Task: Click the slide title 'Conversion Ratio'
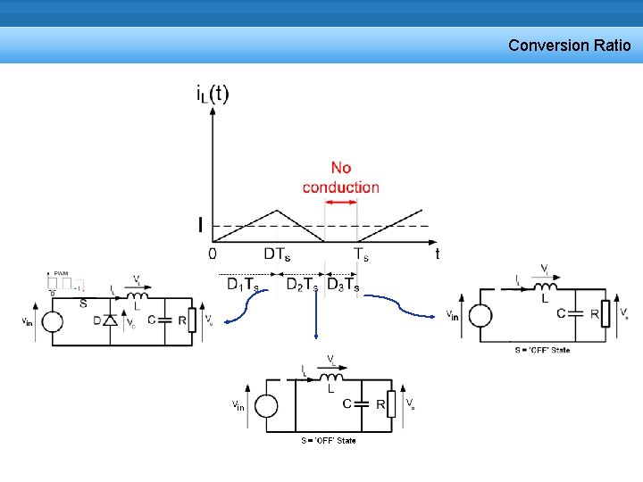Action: click(x=569, y=45)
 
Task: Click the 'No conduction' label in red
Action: click(x=340, y=177)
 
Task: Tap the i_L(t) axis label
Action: click(x=212, y=94)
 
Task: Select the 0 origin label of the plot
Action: click(x=212, y=253)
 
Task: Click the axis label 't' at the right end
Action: click(x=437, y=253)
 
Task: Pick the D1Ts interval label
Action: click(x=243, y=285)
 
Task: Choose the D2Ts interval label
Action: click(x=302, y=285)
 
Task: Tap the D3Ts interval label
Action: click(x=343, y=285)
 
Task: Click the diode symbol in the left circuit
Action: click(x=111, y=320)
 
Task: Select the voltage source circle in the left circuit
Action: click(x=52, y=321)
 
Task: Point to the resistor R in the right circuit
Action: click(x=606, y=313)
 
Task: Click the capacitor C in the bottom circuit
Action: click(x=362, y=403)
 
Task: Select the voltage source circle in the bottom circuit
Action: click(x=265, y=406)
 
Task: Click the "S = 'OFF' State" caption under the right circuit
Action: click(x=542, y=350)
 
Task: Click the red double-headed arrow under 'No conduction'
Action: click(x=340, y=202)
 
